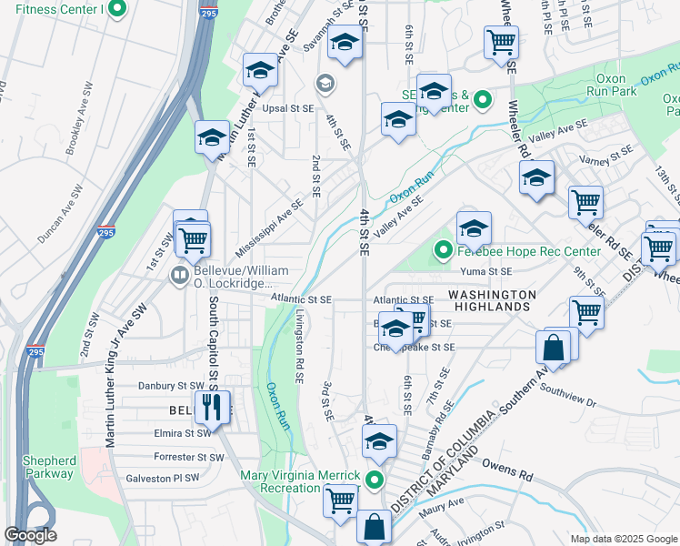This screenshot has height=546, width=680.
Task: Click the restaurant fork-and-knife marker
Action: tap(213, 406)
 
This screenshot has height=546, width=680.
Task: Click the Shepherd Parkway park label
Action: tap(49, 466)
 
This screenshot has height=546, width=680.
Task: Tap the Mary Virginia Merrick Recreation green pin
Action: tap(374, 480)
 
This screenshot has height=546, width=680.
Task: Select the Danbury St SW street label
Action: tap(170, 386)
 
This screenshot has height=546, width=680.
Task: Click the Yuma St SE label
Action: tap(486, 271)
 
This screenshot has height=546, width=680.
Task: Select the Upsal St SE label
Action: tap(287, 107)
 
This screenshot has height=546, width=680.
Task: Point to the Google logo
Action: tap(30, 535)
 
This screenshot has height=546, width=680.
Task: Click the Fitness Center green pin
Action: tap(116, 10)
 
